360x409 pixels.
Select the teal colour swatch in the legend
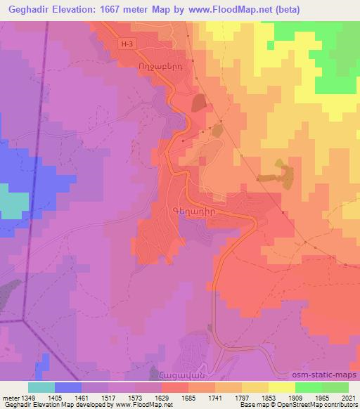tap(41, 387)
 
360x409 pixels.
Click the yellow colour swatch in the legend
tap(283, 387)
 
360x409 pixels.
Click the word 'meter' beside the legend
tap(11, 398)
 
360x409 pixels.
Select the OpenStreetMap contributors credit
tap(316, 405)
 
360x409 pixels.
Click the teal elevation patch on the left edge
tap(11, 203)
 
